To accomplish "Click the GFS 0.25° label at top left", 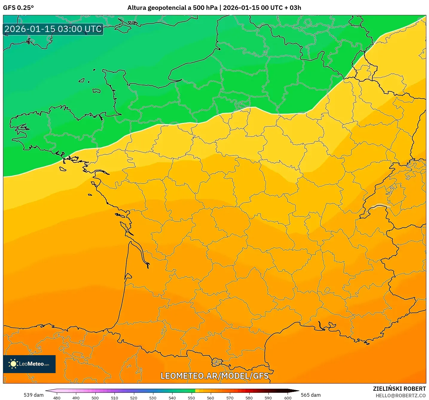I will click(x=18, y=8).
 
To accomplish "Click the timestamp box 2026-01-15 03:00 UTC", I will click(x=53, y=29).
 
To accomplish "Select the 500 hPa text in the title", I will click(x=205, y=8).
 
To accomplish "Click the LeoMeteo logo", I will click(x=29, y=364).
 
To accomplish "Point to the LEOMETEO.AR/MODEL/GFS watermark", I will click(x=214, y=376).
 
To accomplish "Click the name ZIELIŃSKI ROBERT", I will click(x=399, y=389).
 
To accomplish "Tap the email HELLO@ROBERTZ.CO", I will click(x=401, y=396).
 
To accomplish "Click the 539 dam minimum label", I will click(x=33, y=395).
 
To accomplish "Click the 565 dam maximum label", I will click(x=311, y=395).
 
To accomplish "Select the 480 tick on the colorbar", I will click(x=57, y=398).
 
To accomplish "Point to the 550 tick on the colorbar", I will click(x=191, y=398).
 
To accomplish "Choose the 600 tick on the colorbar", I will click(x=288, y=398).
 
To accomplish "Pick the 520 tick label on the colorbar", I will click(x=134, y=398).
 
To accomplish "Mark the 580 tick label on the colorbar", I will click(x=249, y=398).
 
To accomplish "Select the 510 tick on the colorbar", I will click(x=114, y=398).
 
